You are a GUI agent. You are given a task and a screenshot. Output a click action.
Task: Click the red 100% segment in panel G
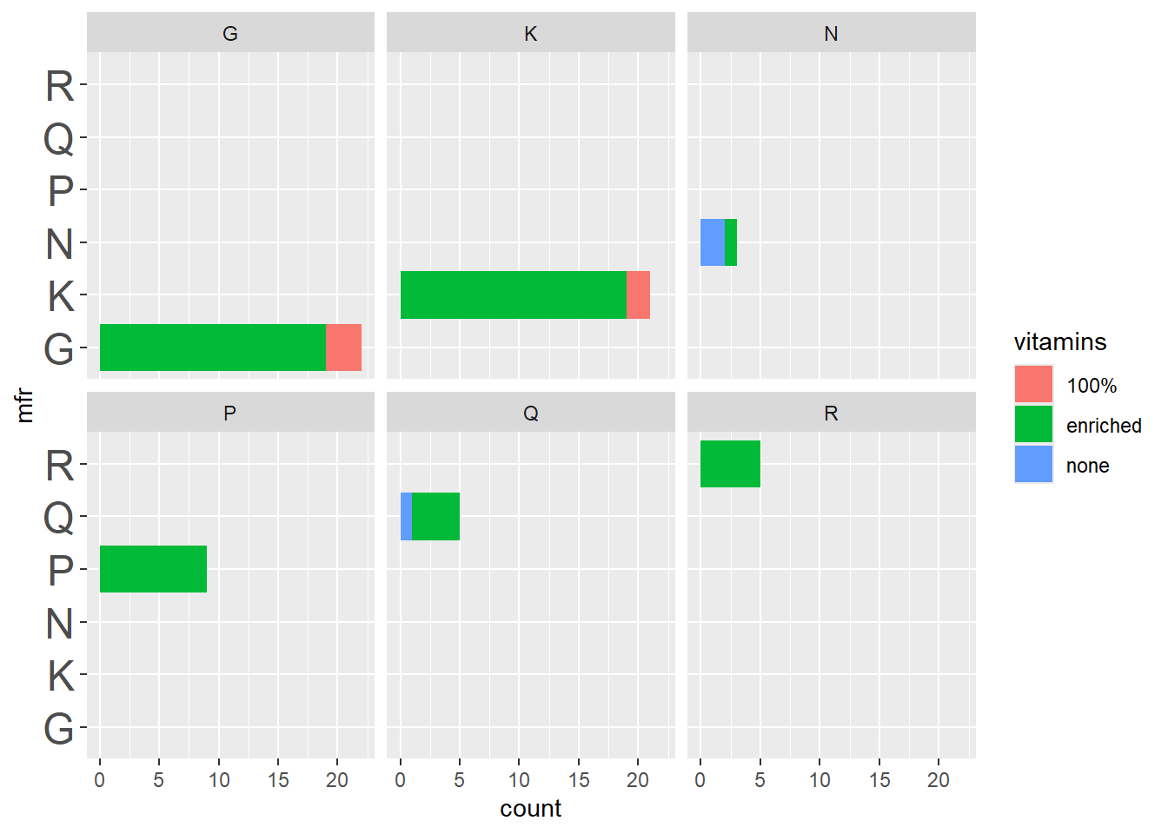(x=343, y=347)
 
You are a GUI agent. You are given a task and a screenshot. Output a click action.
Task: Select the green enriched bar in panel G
(x=213, y=347)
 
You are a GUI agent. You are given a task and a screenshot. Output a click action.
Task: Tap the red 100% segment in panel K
(x=638, y=295)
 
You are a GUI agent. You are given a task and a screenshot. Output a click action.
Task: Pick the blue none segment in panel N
(x=713, y=242)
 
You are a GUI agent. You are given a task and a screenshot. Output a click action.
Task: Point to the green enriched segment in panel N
(x=731, y=242)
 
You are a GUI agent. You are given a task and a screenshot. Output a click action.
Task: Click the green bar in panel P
(x=153, y=569)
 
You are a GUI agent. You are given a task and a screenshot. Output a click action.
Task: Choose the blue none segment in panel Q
(x=406, y=516)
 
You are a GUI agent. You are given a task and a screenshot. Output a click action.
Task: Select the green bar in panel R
(x=730, y=464)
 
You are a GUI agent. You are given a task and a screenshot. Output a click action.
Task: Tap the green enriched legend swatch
(x=1033, y=425)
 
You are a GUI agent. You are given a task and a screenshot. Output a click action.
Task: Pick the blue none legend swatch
(x=1033, y=465)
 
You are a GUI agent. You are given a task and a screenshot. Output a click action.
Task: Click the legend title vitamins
(x=1059, y=342)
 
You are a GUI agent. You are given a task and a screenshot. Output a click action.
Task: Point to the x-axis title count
(x=530, y=809)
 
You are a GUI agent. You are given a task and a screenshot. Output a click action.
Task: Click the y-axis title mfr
(x=25, y=406)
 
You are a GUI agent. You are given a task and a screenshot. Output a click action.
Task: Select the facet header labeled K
(x=530, y=34)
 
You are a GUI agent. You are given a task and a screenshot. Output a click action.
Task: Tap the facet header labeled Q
(x=530, y=414)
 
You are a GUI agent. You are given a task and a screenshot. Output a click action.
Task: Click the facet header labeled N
(x=831, y=34)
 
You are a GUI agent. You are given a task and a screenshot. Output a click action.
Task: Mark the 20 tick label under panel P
(x=337, y=780)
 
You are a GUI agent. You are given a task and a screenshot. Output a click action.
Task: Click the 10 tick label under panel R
(x=820, y=780)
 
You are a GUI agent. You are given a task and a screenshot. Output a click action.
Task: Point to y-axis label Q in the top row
(x=59, y=138)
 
